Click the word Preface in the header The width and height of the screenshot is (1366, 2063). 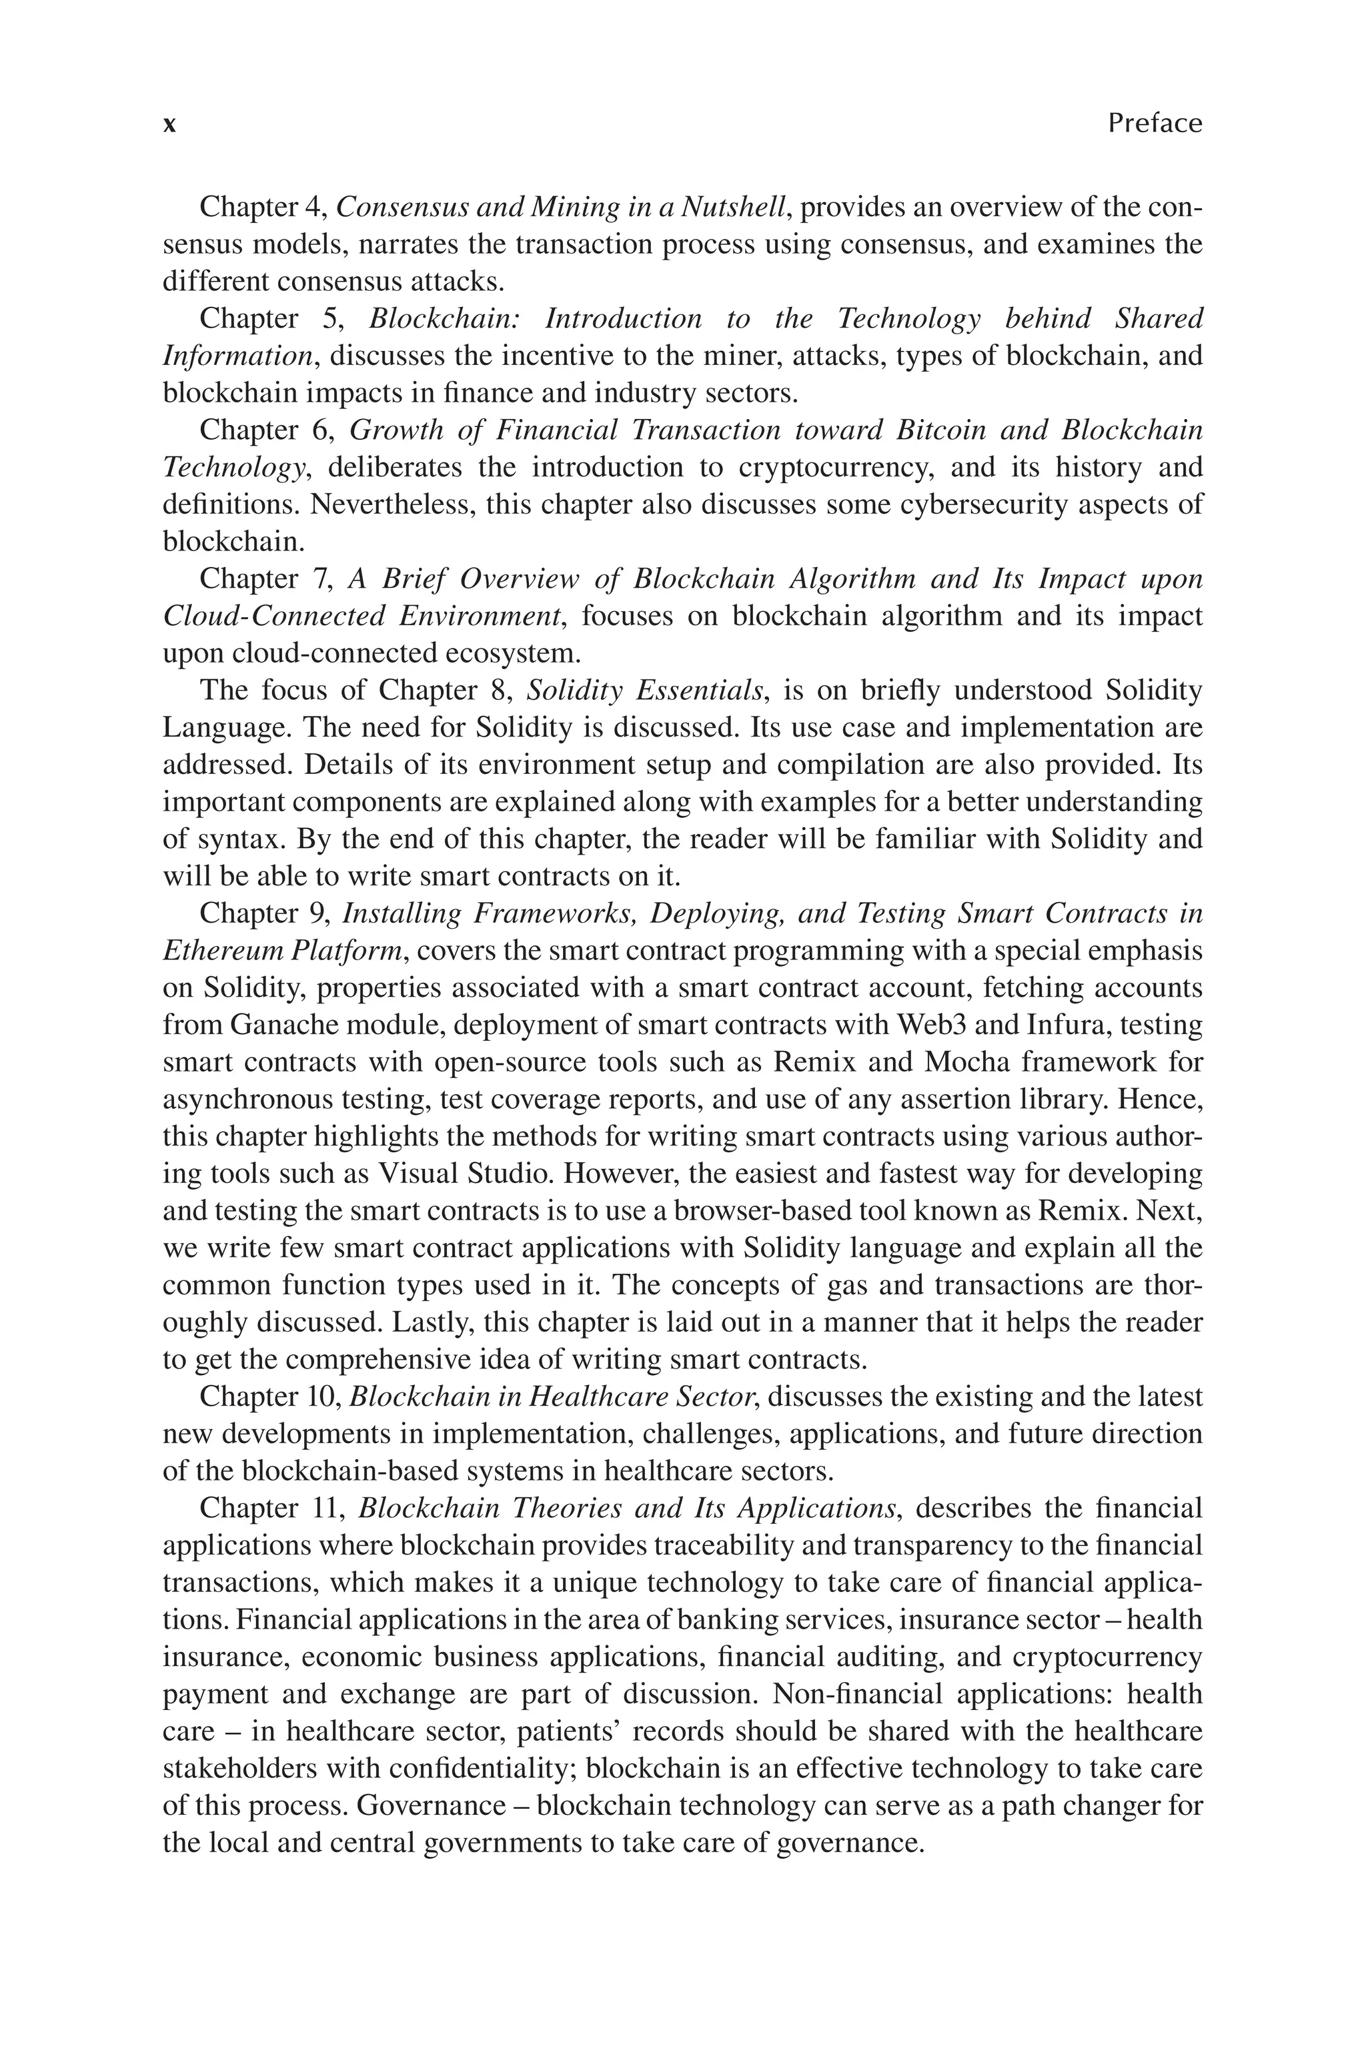pyautogui.click(x=1155, y=123)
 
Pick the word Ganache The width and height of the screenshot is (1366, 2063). pyautogui.click(x=284, y=1025)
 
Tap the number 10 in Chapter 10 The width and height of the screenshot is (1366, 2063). pyautogui.click(x=324, y=1396)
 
